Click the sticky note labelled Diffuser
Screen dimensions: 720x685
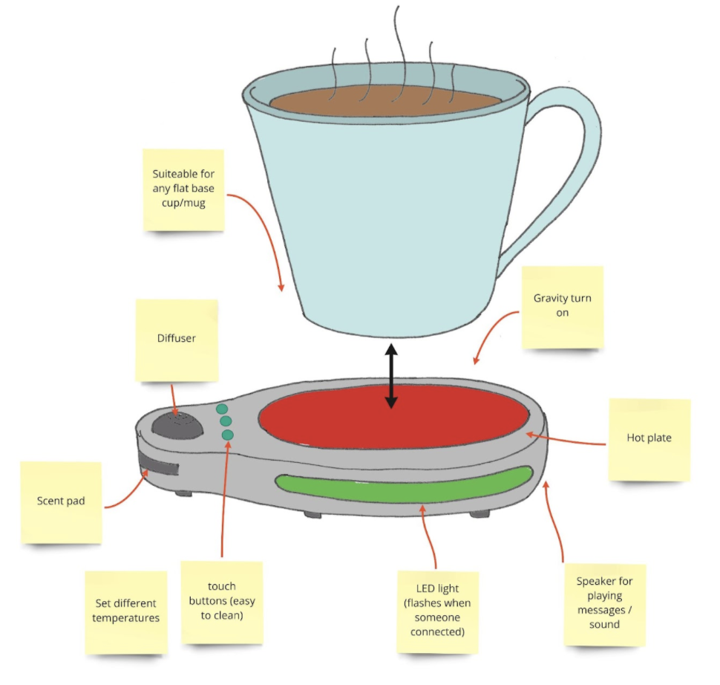pyautogui.click(x=177, y=340)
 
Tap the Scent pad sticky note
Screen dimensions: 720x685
pyautogui.click(x=61, y=502)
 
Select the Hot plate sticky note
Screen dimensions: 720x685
pyautogui.click(x=649, y=440)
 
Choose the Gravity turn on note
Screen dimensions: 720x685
pyautogui.click(x=563, y=307)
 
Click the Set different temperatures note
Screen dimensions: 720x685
pyautogui.click(x=126, y=612)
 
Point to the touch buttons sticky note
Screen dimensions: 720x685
pyautogui.click(x=222, y=603)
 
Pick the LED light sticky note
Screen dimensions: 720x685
pyautogui.click(x=438, y=612)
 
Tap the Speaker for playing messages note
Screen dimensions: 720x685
pyautogui.click(x=605, y=605)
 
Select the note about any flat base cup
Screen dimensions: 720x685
pyautogui.click(x=183, y=190)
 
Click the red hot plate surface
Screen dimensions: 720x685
pyautogui.click(x=393, y=418)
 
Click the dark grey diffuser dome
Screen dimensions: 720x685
pyautogui.click(x=177, y=425)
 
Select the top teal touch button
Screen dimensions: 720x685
pyautogui.click(x=222, y=409)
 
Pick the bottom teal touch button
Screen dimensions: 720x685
pyautogui.click(x=227, y=435)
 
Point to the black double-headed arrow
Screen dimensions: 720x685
pyautogui.click(x=391, y=376)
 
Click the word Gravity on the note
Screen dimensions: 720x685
pyautogui.click(x=549, y=299)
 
